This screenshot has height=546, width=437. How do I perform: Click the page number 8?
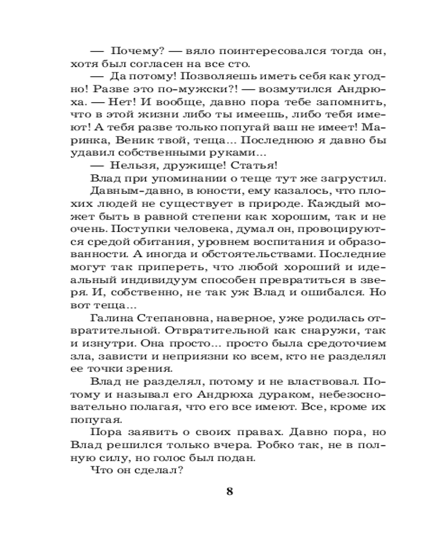coord(229,490)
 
